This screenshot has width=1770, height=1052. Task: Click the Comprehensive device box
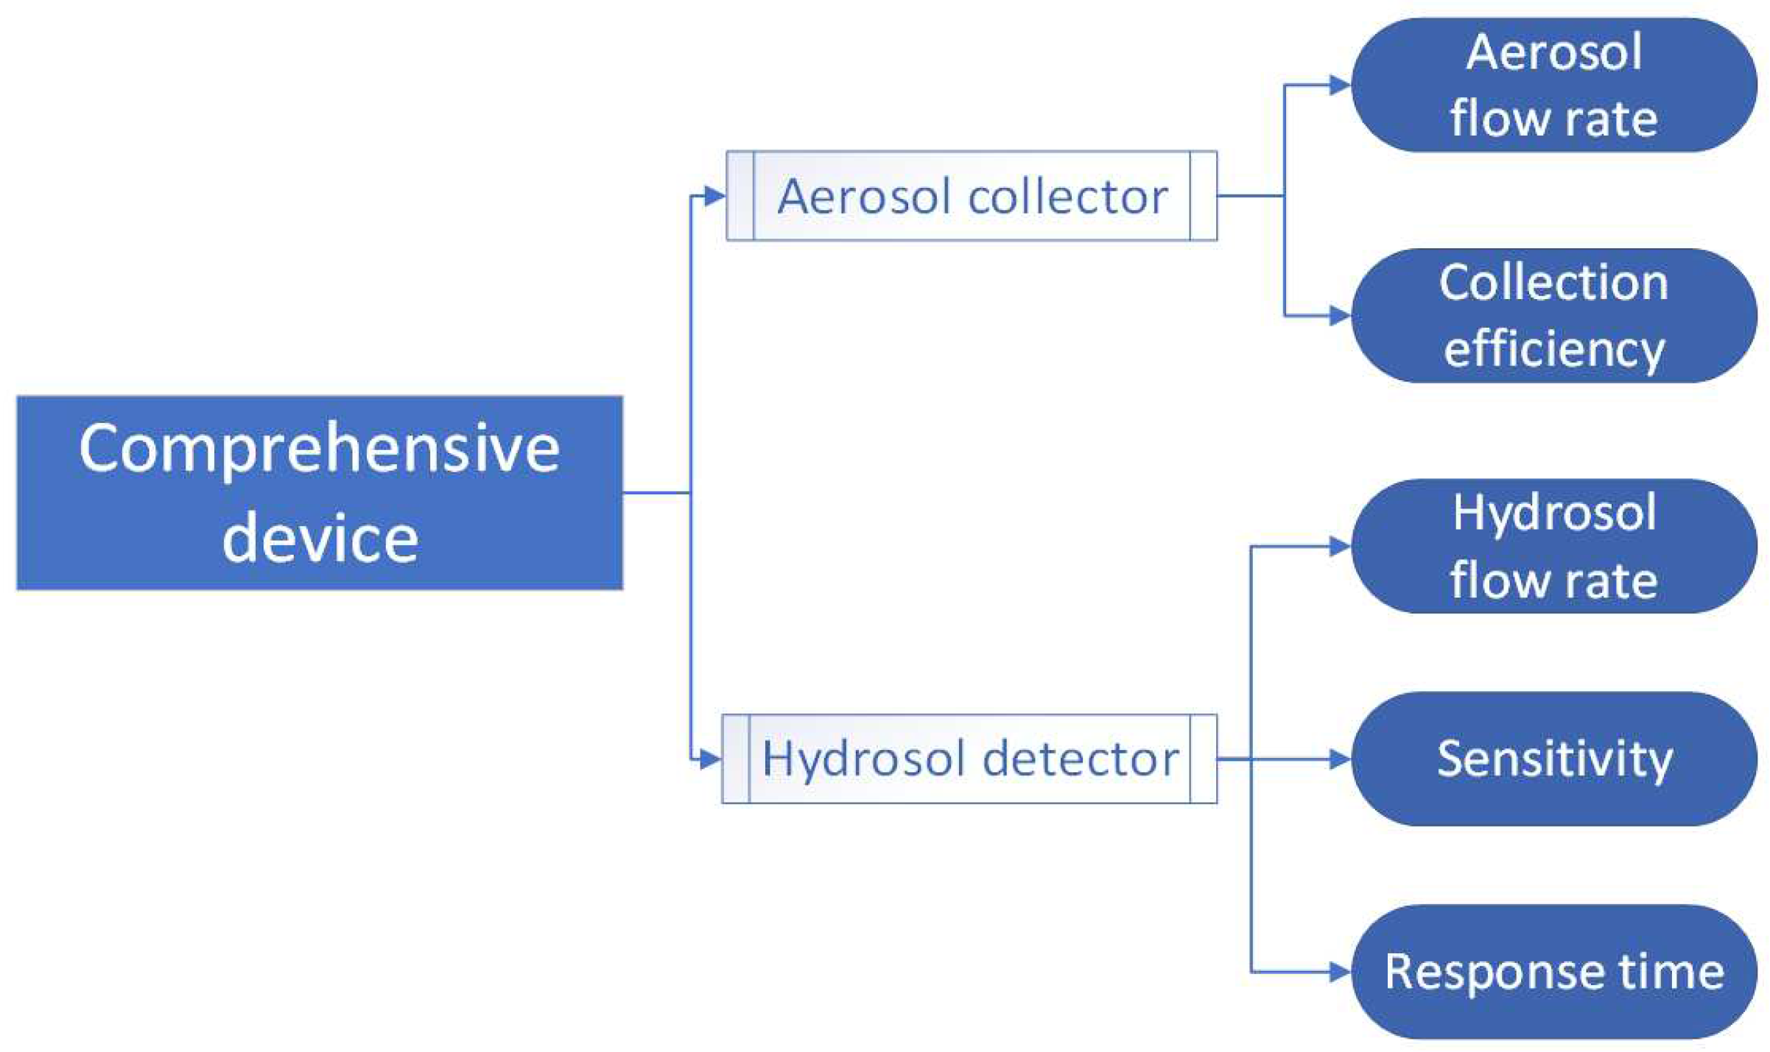[320, 492]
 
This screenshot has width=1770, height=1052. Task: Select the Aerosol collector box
[971, 196]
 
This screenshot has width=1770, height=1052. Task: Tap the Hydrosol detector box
[969, 759]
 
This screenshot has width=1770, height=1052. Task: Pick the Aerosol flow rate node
[1554, 85]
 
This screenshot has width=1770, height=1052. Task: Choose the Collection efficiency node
[1554, 316]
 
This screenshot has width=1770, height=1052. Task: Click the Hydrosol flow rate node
[1554, 546]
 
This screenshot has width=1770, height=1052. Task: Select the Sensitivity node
[1554, 759]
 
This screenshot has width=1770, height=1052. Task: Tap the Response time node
[1554, 972]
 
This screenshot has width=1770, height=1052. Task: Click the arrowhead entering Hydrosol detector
[710, 759]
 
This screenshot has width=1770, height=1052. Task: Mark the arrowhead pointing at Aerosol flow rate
[1339, 85]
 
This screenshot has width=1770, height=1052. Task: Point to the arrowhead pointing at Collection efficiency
[1339, 316]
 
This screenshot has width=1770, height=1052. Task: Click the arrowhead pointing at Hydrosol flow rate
[1339, 547]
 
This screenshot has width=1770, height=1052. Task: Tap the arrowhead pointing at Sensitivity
[1339, 759]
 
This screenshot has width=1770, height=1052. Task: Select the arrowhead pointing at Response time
[1339, 972]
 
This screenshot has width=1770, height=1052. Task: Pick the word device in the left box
[320, 539]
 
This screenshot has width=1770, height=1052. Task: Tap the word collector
[1068, 197]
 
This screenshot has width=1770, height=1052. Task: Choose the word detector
[1081, 759]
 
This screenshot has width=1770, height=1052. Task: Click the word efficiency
[1554, 349]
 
